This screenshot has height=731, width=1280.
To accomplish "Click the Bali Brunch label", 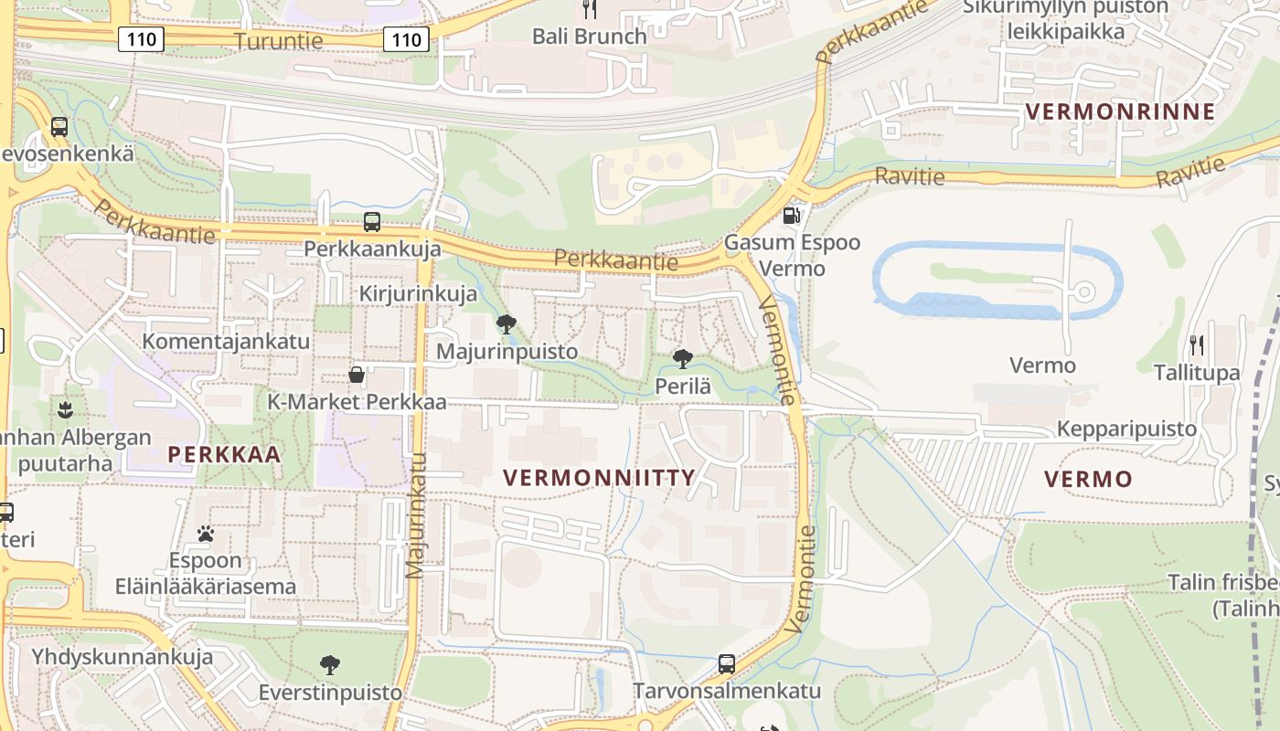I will [590, 37].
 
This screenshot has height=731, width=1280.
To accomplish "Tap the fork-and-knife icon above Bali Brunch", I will [590, 10].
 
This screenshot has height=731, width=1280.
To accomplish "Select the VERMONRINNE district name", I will [1120, 111].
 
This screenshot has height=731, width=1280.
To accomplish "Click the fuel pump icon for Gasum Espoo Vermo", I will [792, 216].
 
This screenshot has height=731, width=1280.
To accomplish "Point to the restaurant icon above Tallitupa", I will [1197, 344].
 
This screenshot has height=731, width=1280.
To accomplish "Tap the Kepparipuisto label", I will [1126, 429].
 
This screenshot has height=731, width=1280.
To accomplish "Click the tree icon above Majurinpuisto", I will [506, 323].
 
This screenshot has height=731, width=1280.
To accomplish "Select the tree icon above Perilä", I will [682, 358].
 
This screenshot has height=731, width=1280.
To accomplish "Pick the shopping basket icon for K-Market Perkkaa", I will [357, 375].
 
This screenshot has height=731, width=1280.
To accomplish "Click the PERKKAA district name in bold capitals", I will [224, 454].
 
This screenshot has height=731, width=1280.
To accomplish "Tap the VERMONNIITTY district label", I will [599, 477].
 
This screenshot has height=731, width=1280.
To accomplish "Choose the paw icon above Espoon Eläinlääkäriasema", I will [206, 533].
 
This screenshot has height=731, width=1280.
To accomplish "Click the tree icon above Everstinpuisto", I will [329, 664].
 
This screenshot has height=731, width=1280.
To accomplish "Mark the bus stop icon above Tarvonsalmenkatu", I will [727, 663].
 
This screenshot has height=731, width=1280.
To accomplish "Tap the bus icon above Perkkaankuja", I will [372, 221].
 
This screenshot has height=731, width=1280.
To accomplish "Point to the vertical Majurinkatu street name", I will [416, 516].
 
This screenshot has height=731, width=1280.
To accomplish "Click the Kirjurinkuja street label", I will [418, 293].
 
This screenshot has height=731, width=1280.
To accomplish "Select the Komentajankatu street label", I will [226, 341].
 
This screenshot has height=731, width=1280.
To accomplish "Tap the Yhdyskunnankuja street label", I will [123, 656].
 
